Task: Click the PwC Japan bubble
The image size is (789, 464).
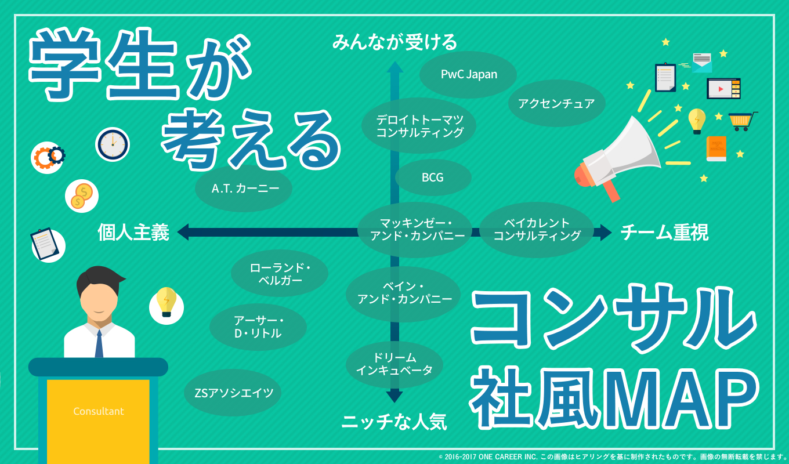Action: pyautogui.click(x=468, y=75)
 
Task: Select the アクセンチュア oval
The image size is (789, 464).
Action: pyautogui.click(x=556, y=104)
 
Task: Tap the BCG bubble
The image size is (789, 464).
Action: pyautogui.click(x=433, y=177)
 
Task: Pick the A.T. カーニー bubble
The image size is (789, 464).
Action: pyautogui.click(x=243, y=188)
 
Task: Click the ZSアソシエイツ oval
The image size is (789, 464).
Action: pyautogui.click(x=233, y=393)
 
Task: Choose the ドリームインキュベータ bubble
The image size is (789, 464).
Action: pyautogui.click(x=395, y=364)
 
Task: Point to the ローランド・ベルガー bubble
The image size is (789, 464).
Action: pyautogui.click(x=280, y=274)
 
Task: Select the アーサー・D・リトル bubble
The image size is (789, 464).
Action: pyautogui.click(x=258, y=327)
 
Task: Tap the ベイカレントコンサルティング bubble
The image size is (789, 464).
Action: pyautogui.click(x=536, y=230)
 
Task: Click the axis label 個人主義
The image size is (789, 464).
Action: pyautogui.click(x=133, y=233)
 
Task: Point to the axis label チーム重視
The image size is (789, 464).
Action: pyautogui.click(x=664, y=233)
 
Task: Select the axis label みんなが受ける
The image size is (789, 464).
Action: pyautogui.click(x=395, y=42)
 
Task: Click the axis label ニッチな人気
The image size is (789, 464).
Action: pyautogui.click(x=395, y=422)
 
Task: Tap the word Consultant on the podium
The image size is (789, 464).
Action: pyautogui.click(x=99, y=411)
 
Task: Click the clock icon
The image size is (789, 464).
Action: pyautogui.click(x=113, y=144)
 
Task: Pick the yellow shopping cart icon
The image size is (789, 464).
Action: pyautogui.click(x=741, y=121)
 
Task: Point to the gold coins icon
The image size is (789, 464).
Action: pyautogui.click(x=81, y=195)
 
